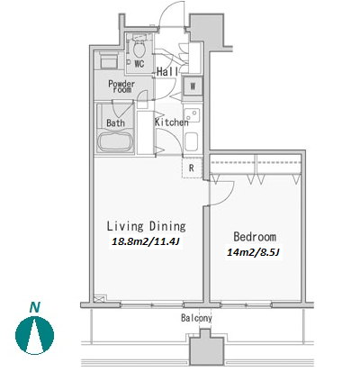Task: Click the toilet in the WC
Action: tap(139, 48)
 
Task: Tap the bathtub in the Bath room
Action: tap(116, 141)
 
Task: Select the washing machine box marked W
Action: tap(193, 86)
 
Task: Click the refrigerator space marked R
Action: tap(192, 168)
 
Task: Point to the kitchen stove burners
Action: tap(192, 115)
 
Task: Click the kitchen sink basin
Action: tap(192, 141)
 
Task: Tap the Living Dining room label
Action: tap(147, 226)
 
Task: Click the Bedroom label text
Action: tap(255, 237)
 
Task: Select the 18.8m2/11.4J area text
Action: tap(146, 241)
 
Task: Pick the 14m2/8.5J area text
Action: tap(253, 252)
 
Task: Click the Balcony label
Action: tap(196, 318)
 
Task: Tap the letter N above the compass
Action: tap(35, 307)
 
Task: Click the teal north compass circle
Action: tap(35, 335)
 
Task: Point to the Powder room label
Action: tap(121, 86)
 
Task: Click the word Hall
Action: tap(167, 71)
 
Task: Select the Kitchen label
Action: tap(172, 122)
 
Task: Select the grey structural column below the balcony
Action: tap(206, 349)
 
